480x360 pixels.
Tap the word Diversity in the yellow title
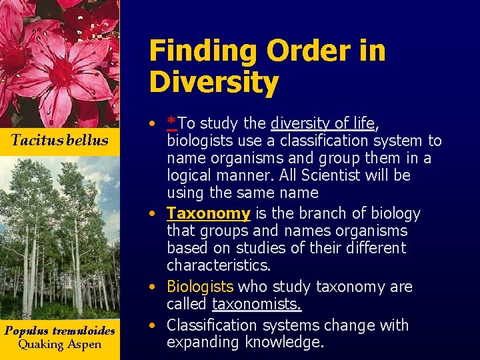213,83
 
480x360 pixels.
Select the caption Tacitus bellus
59,140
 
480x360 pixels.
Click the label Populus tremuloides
59,331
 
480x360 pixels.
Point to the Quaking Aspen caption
59,345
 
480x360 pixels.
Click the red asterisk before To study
172,122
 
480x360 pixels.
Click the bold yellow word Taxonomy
208,213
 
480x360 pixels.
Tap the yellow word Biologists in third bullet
200,287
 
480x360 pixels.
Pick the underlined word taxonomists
257,305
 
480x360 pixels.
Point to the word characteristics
217,265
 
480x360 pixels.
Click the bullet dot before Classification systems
154,326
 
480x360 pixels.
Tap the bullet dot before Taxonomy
154,214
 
